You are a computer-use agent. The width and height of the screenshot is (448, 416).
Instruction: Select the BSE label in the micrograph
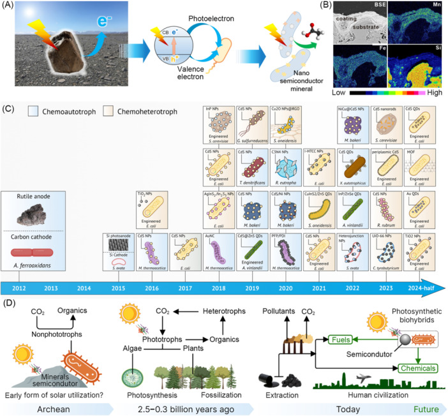click(359, 10)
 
